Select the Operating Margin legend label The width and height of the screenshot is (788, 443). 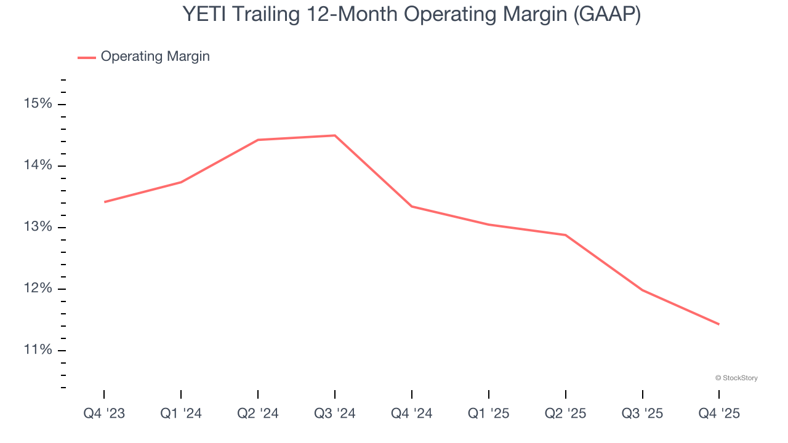(x=155, y=57)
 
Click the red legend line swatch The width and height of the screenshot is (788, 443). (x=86, y=57)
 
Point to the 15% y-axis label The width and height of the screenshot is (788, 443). (x=38, y=104)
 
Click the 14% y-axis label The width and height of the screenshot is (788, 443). (x=38, y=166)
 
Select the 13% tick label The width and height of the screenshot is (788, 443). (x=38, y=227)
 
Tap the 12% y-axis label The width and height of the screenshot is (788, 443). (x=38, y=289)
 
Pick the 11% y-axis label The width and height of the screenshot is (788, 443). (x=38, y=350)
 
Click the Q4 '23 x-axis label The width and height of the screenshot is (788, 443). (x=104, y=414)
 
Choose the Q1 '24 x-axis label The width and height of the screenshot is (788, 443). (x=181, y=414)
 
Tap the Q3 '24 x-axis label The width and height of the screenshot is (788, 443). (x=335, y=414)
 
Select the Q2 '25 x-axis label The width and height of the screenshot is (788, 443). (x=566, y=414)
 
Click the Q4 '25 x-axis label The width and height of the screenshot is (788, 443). (x=719, y=414)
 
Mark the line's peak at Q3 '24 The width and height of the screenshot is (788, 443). (x=335, y=135)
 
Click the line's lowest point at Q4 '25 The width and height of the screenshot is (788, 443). (x=718, y=324)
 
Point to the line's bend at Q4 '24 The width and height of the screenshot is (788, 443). (x=411, y=206)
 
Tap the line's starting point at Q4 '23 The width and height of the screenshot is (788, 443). (x=105, y=202)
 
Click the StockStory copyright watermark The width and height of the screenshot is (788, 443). (x=736, y=378)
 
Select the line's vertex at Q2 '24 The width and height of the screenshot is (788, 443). (x=258, y=140)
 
